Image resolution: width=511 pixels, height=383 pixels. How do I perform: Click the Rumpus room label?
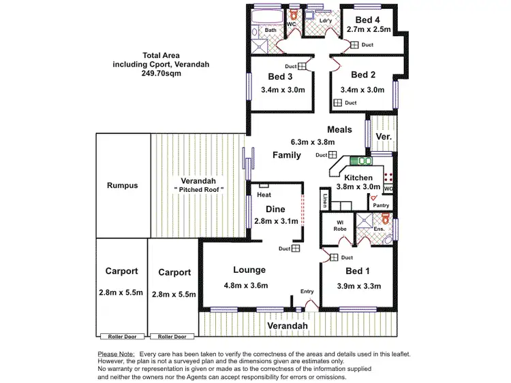(x=123, y=186)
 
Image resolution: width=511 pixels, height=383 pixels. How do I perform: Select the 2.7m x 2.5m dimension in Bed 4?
(x=369, y=29)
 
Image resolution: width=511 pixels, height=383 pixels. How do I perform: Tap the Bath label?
(x=270, y=31)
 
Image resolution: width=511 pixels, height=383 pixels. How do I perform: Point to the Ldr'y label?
(x=326, y=21)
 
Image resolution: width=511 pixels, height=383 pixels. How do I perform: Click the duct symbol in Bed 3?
(x=301, y=66)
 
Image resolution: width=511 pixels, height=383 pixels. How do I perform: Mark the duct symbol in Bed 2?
(x=337, y=103)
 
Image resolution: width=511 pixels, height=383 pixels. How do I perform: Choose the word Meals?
(x=339, y=129)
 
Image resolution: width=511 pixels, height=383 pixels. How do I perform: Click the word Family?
(x=287, y=155)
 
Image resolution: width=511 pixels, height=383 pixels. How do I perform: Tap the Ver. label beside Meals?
(x=384, y=137)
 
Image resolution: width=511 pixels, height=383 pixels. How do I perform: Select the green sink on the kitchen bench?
(x=361, y=161)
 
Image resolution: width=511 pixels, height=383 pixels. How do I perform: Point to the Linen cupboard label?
(x=326, y=203)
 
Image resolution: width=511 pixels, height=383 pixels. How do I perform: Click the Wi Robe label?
(x=341, y=226)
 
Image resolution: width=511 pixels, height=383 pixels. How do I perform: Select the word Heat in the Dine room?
(x=264, y=195)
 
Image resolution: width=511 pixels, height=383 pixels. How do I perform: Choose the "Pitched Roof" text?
(x=199, y=188)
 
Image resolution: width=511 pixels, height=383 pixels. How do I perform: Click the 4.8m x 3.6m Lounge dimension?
(x=246, y=285)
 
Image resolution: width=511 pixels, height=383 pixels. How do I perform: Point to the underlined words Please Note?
(x=117, y=354)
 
